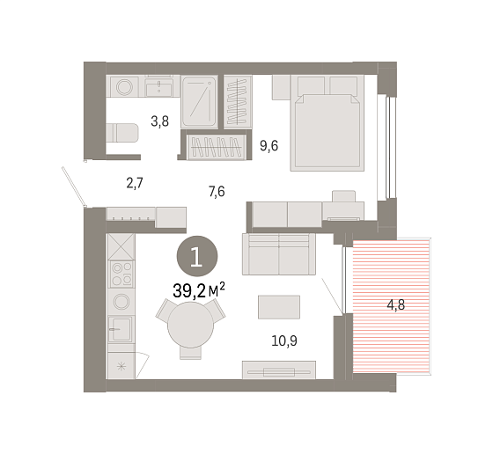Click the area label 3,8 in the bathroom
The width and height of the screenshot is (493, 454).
coord(159,121)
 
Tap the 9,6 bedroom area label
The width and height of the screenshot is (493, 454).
coord(269,146)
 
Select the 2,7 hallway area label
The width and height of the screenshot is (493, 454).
coord(135,183)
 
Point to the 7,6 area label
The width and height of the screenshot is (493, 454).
coord(217,191)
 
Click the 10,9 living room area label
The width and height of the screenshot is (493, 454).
coord(283,340)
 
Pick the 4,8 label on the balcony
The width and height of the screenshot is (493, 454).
coord(396,304)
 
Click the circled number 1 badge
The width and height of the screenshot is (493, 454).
coord(197,256)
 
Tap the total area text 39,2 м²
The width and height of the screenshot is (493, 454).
coord(199,290)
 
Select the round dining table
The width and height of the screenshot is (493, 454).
coord(190,325)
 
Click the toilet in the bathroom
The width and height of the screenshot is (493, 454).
coord(122,133)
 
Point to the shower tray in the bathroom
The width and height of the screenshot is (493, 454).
coord(199,101)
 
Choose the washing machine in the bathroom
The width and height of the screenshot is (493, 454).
coord(125,86)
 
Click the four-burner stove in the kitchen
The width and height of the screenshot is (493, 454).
coord(121,274)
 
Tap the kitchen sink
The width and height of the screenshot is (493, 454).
coord(121,329)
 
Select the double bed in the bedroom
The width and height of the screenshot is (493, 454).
coord(327,123)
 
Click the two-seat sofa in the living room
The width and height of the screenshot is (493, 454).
coord(279,254)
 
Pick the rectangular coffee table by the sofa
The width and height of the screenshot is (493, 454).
coord(279,307)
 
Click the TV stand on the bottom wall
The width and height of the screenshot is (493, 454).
coord(279,370)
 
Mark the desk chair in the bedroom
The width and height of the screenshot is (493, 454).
coord(343,196)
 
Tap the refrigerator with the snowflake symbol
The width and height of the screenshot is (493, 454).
coord(121,366)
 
